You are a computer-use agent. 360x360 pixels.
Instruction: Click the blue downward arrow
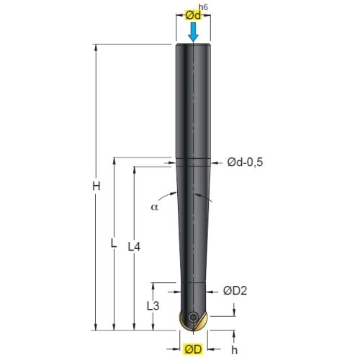coord(193,32)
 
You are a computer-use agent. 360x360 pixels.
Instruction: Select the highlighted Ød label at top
coord(193,16)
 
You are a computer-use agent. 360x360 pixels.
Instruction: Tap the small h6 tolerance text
coord(203,7)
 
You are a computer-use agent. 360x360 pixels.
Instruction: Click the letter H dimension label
coord(96,186)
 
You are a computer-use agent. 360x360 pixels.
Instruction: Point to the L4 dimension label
coord(134,246)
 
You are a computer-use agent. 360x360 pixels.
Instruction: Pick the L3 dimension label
coord(153,306)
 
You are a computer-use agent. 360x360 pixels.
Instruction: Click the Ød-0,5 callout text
coord(245,162)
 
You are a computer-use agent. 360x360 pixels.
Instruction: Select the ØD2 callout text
coord(235,291)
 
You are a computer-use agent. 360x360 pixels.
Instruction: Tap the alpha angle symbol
coord(155,207)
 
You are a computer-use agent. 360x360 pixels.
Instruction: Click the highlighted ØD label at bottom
coord(193,349)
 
